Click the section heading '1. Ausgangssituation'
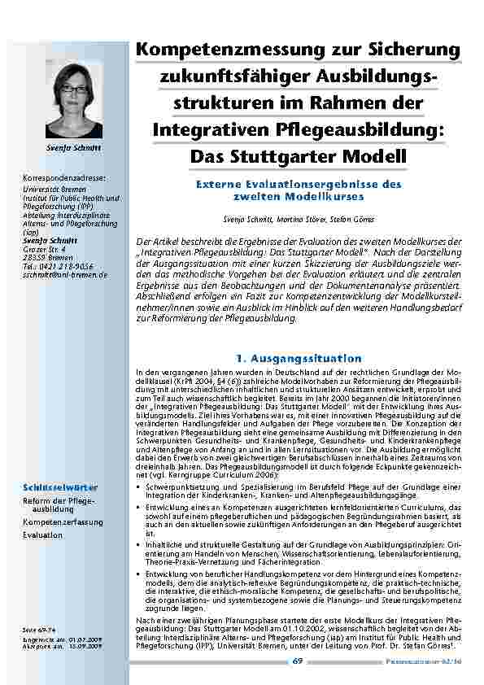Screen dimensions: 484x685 [298, 358]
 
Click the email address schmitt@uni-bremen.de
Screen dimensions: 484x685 [66, 275]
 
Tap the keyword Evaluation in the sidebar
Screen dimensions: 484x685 [42, 536]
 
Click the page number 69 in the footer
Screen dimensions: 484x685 [298, 661]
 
